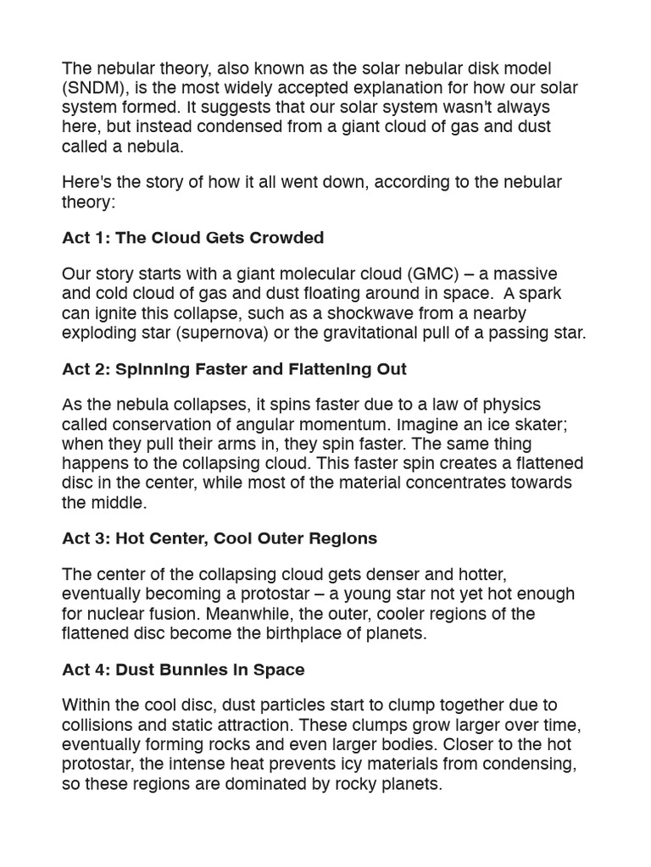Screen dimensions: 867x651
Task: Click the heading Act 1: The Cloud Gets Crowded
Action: [193, 238]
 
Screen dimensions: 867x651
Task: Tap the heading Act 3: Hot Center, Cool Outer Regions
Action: [220, 538]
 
